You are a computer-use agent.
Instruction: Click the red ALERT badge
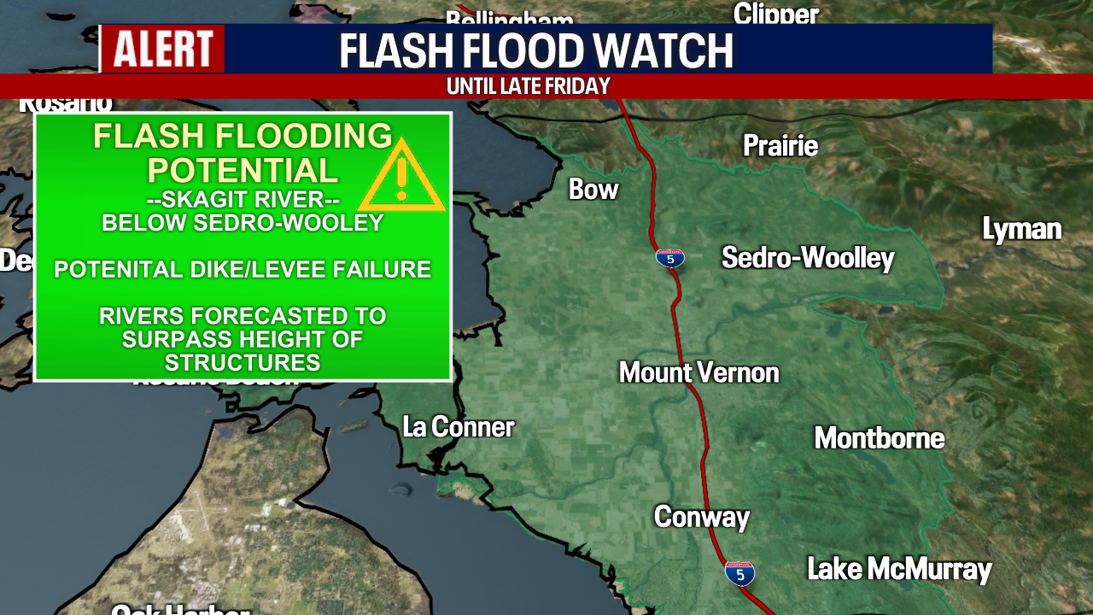click(x=163, y=49)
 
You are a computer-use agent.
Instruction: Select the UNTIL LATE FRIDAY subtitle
click(x=528, y=86)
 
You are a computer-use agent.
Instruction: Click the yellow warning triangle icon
click(x=401, y=177)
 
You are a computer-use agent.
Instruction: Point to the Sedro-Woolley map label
click(x=808, y=258)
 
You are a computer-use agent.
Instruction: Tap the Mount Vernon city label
click(x=698, y=372)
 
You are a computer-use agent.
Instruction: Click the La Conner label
click(x=459, y=427)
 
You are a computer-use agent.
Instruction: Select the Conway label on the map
click(x=701, y=517)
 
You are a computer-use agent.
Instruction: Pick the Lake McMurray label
click(x=899, y=569)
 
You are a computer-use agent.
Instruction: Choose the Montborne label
click(x=879, y=438)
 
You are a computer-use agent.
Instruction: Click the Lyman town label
click(x=1021, y=229)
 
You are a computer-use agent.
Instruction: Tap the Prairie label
click(x=780, y=146)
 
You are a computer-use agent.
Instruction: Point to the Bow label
click(x=593, y=190)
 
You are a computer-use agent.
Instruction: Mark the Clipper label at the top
click(x=776, y=13)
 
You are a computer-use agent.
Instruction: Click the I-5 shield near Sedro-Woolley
click(x=670, y=258)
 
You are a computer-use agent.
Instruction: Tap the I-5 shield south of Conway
click(x=739, y=573)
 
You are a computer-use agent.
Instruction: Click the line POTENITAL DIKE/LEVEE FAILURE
click(x=243, y=270)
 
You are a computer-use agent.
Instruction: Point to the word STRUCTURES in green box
click(x=243, y=362)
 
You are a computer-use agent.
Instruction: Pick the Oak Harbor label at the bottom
click(x=180, y=609)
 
